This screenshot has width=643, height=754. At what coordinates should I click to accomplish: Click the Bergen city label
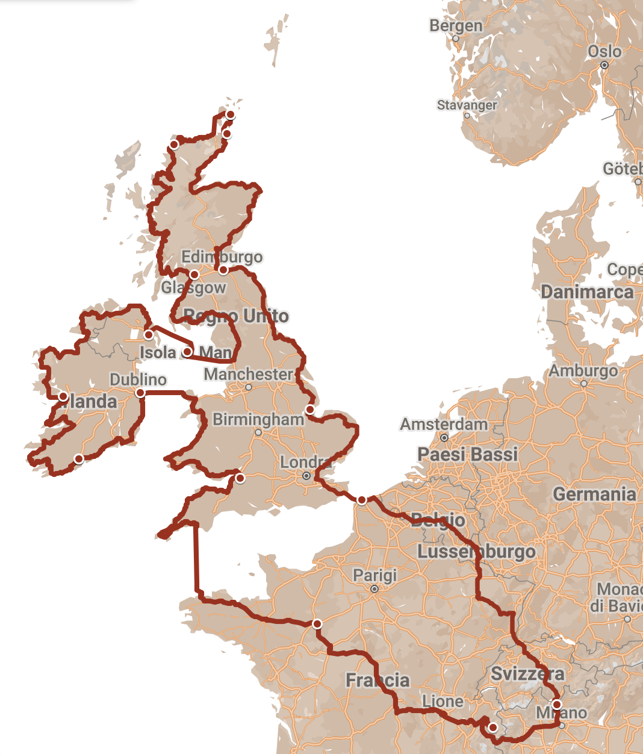coord(456,26)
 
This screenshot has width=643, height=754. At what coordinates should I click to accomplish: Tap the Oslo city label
coord(604,51)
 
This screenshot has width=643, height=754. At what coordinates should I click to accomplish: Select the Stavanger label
coord(467,105)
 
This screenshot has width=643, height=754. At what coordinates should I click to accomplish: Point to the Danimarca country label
coord(587,292)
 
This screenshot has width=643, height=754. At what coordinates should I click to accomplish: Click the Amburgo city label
coord(583,370)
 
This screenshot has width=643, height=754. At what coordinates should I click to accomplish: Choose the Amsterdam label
coord(444,424)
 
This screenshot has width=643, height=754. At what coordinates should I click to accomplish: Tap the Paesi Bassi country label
coord(468,454)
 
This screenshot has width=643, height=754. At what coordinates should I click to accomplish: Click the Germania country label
coord(594,494)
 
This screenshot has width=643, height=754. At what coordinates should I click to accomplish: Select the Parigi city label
coord(374,575)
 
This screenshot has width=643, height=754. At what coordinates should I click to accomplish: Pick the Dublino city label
coord(138,379)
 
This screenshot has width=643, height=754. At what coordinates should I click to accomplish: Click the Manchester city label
coord(248,374)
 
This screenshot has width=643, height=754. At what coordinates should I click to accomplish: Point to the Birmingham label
coord(258,419)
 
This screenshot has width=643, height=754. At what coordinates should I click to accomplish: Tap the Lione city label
coord(443,702)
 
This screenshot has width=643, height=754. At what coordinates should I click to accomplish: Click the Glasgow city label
coord(193,288)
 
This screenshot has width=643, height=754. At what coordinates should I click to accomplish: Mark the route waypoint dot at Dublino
coord(140,393)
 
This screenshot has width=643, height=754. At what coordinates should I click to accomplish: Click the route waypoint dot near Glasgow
coord(194,275)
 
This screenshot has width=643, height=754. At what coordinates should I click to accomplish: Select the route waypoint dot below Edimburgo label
coord(223,270)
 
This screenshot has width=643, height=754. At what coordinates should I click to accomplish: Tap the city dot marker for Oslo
coord(604,65)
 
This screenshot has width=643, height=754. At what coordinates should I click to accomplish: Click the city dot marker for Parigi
coord(374,589)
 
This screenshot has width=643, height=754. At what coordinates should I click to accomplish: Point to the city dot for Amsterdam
coord(444,438)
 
